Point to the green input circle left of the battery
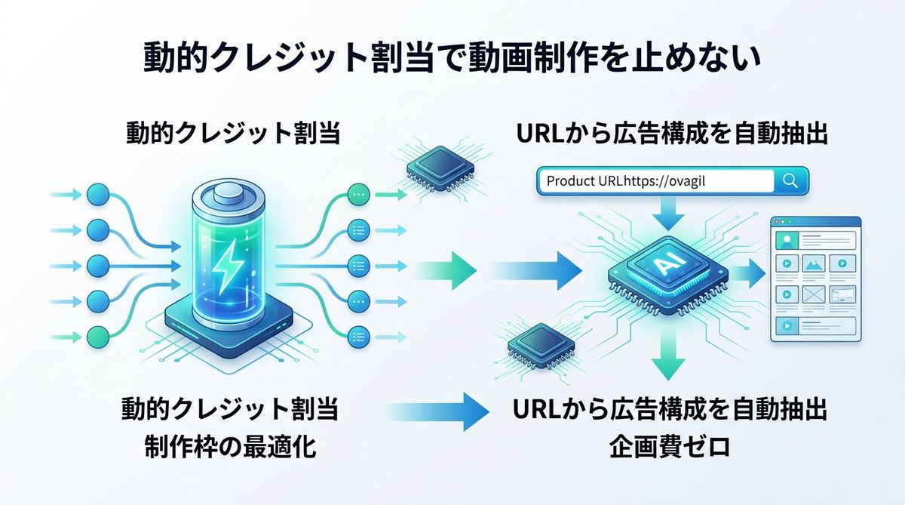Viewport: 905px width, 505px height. tap(98, 336)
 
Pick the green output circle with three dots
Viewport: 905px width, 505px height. tap(358, 194)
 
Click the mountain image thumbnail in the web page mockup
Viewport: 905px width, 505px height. tap(814, 265)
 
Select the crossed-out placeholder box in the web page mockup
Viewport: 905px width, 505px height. tap(814, 294)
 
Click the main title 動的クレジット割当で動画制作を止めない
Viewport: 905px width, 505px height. tap(452, 59)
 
